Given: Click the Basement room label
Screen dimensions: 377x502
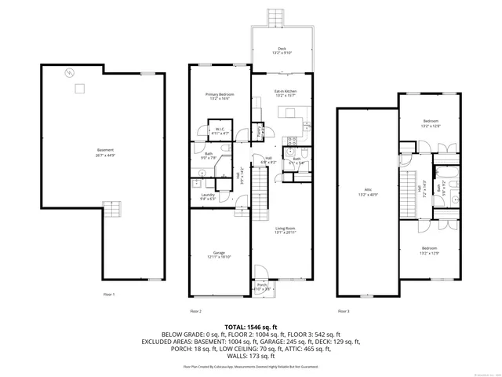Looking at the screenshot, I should (105, 152).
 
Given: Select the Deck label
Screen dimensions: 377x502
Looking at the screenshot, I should (282, 51).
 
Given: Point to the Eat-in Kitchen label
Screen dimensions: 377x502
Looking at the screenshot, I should (284, 93).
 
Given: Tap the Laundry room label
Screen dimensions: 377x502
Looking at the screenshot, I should (208, 197).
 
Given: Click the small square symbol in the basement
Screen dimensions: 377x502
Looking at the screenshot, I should (78, 88).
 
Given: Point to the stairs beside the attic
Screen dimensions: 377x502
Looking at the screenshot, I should (409, 193).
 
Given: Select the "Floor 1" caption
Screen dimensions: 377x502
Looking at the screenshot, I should (109, 295).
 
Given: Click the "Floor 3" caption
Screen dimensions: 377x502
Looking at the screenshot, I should (343, 312).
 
